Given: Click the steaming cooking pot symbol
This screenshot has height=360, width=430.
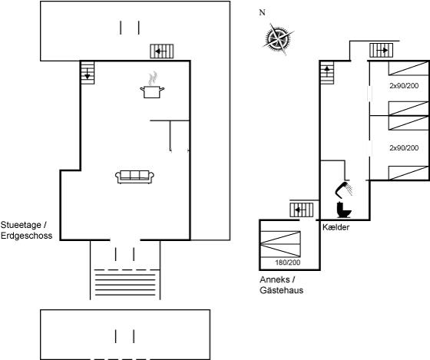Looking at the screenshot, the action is click(152, 85).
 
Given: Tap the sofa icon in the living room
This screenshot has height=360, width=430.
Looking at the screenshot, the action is click(134, 177).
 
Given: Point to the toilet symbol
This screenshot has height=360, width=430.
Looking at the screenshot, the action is click(344, 210).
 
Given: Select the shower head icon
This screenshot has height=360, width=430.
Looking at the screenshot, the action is click(344, 190).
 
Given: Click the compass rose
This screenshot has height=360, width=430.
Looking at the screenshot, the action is click(278, 39).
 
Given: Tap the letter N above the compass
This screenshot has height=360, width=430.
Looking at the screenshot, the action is click(262, 12).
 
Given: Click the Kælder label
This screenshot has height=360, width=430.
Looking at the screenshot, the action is click(336, 227).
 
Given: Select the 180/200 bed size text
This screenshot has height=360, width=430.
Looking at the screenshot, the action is click(288, 263).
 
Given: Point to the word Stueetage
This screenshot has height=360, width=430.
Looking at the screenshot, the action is click(21, 225).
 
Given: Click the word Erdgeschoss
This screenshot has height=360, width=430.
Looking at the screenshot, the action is click(26, 236).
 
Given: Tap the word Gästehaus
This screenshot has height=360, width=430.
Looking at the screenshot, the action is click(281, 290).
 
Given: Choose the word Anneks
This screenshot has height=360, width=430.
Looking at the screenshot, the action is click(275, 279).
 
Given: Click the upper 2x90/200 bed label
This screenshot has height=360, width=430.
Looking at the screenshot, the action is click(404, 86).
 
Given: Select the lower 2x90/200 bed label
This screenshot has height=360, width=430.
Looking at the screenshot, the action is click(404, 148).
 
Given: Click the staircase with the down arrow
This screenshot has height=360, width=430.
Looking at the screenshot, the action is click(88, 73).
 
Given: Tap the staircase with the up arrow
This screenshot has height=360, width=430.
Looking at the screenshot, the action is click(327, 73).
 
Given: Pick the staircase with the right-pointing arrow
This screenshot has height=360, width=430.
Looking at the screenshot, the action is click(381, 51).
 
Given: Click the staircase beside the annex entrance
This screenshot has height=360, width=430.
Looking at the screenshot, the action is click(302, 210).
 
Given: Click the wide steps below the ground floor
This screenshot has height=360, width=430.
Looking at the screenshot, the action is click(125, 282).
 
